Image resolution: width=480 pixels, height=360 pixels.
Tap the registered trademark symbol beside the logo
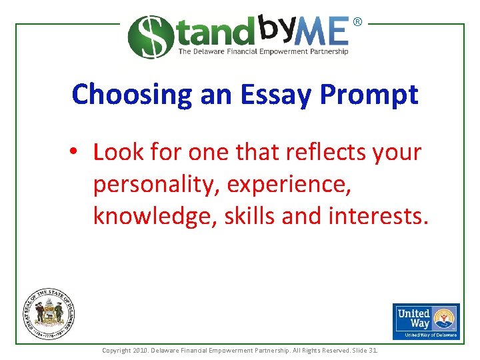pos(357,22)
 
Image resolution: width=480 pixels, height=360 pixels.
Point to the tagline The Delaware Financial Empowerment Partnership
pos(263,51)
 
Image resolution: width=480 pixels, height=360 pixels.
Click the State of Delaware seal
pos(49,313)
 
